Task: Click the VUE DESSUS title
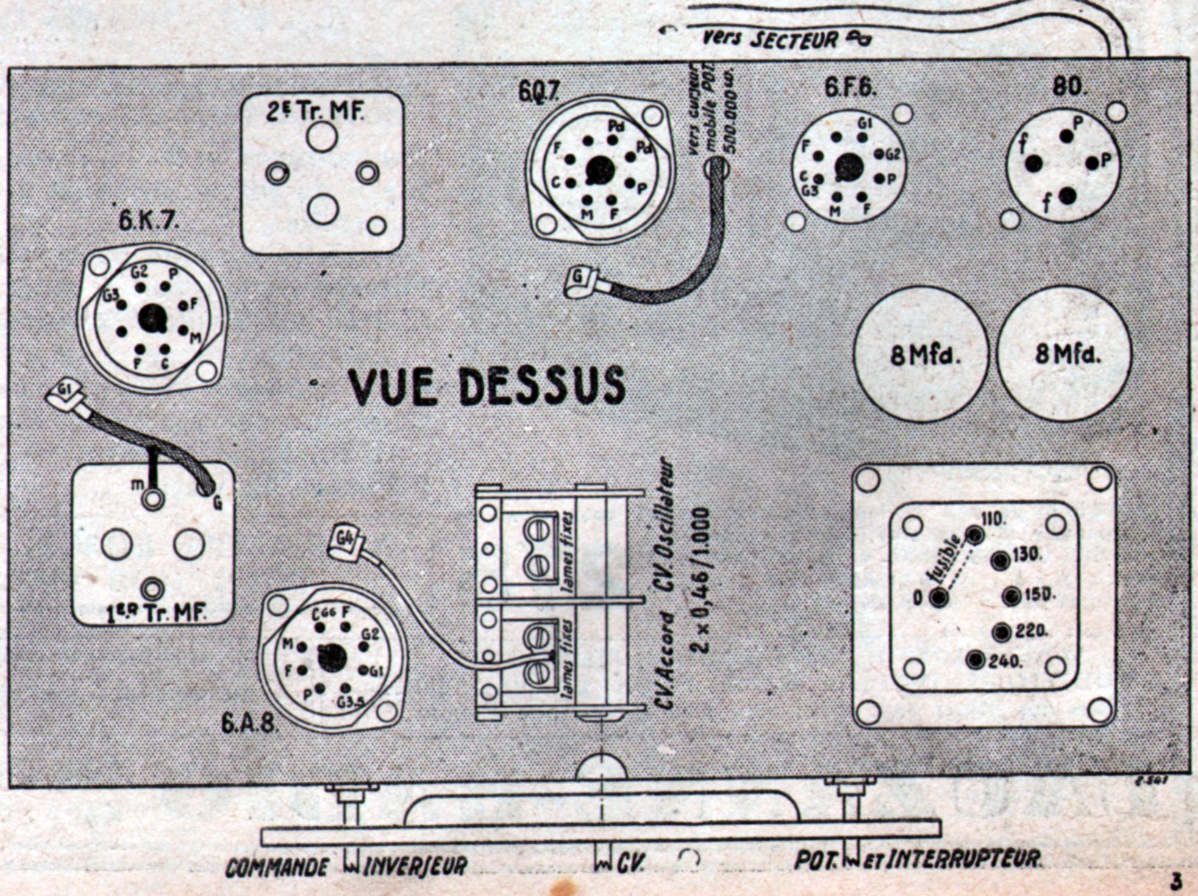(x=487, y=385)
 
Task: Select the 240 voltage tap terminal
(x=976, y=660)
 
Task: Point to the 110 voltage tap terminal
(x=974, y=535)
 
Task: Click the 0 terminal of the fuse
(x=938, y=597)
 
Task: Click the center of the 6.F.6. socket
(x=849, y=167)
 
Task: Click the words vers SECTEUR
(x=769, y=38)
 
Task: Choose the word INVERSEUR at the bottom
(x=416, y=866)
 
